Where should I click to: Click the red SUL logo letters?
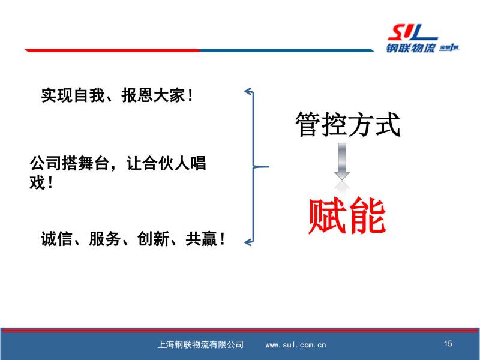coord(412,32)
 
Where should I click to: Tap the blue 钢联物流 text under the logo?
coord(410,48)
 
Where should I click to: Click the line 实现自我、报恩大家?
coord(117,95)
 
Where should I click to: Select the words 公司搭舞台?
coord(70,163)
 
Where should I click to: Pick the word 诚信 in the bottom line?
coord(56,239)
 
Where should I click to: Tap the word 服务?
coord(104,239)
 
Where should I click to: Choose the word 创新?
coord(153,239)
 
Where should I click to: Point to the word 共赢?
coord(201,239)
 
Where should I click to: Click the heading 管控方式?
coord(348,124)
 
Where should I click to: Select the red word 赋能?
coord(347,216)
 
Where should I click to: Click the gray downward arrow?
coord(342,161)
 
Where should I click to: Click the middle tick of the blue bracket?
coord(261,167)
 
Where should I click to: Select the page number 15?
coord(448,343)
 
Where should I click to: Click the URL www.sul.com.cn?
coord(296,345)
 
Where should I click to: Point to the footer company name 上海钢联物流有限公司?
coord(200,344)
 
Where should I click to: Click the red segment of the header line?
coord(112,50)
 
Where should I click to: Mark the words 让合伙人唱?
coord(166,163)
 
